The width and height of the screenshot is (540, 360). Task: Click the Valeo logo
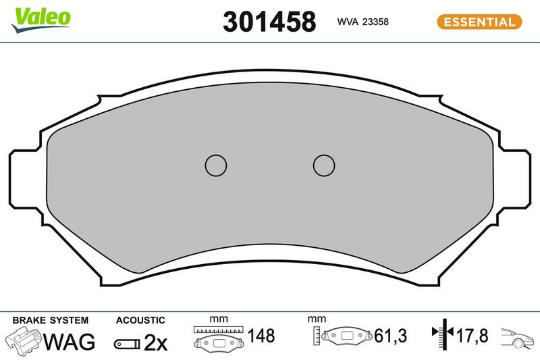pyautogui.click(x=41, y=20)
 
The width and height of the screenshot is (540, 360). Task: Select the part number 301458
pyautogui.click(x=269, y=22)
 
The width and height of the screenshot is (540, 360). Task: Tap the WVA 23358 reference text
pyautogui.click(x=363, y=22)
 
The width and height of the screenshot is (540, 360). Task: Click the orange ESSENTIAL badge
pyautogui.click(x=479, y=22)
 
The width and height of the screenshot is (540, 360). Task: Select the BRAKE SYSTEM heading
pyautogui.click(x=50, y=320)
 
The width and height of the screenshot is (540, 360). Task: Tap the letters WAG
pyautogui.click(x=69, y=341)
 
